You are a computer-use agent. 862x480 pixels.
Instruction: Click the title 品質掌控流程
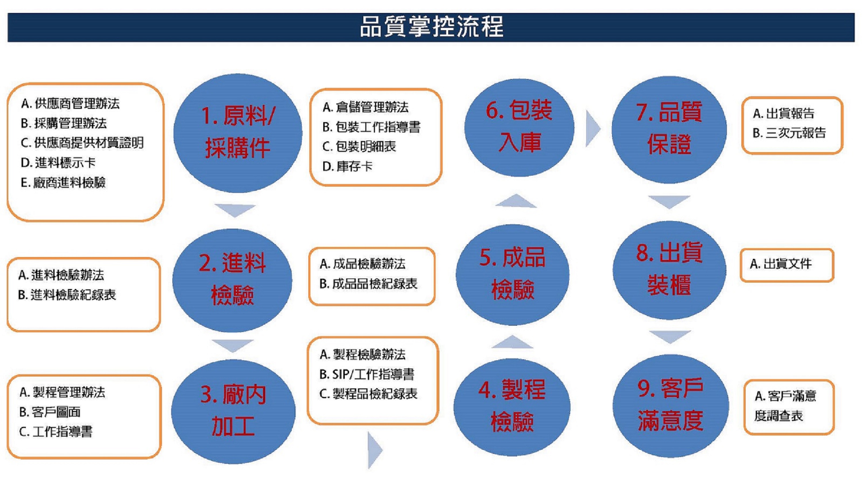(x=431, y=26)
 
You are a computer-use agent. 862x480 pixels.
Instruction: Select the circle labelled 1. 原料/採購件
(x=238, y=133)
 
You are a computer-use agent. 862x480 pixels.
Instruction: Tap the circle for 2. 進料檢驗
(x=232, y=280)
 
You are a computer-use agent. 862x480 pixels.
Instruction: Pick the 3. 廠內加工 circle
(x=233, y=412)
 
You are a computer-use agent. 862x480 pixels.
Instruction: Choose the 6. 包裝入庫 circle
(x=519, y=128)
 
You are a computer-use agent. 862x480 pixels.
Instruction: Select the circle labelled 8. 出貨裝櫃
(x=669, y=270)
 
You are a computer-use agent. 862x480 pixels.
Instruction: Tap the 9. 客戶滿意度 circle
(x=671, y=406)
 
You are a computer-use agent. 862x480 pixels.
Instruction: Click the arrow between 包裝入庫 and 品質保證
(x=592, y=128)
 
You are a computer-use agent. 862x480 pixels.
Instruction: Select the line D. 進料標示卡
(x=58, y=163)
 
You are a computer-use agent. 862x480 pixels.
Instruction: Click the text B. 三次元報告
(x=789, y=133)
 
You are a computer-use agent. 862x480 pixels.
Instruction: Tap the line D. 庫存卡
(x=347, y=166)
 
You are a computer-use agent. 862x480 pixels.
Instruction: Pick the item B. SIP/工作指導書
(x=367, y=374)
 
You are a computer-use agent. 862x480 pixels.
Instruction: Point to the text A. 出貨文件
(x=781, y=264)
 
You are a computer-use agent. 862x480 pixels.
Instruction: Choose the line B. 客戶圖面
(x=50, y=412)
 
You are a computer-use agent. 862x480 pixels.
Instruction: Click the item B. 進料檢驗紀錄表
(x=67, y=295)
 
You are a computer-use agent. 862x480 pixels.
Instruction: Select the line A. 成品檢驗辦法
(x=362, y=264)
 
